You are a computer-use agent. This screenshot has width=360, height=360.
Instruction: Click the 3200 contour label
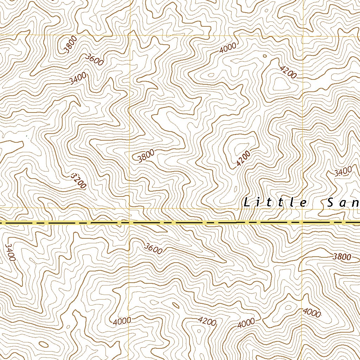(x=78, y=180)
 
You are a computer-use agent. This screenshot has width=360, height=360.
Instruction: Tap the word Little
(x=275, y=203)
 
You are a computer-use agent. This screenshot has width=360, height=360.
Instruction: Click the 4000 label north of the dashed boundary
(x=228, y=48)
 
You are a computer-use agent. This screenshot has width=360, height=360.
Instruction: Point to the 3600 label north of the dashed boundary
(x=95, y=60)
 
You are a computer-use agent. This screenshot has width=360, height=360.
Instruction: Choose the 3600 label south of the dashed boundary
(x=153, y=249)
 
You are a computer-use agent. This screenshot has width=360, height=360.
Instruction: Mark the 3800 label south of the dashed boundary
(x=342, y=257)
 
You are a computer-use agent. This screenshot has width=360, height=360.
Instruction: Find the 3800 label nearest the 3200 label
(x=146, y=156)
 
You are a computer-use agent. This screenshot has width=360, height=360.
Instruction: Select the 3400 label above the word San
(x=343, y=172)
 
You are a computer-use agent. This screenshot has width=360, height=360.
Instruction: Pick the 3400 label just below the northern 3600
(x=78, y=79)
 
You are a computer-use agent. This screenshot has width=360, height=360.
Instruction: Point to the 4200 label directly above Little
(x=243, y=158)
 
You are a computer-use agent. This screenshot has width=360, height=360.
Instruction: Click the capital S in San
(x=330, y=203)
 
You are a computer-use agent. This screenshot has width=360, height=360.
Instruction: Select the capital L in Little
(x=246, y=203)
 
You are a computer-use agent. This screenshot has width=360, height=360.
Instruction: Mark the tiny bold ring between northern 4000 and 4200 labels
(x=264, y=56)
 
